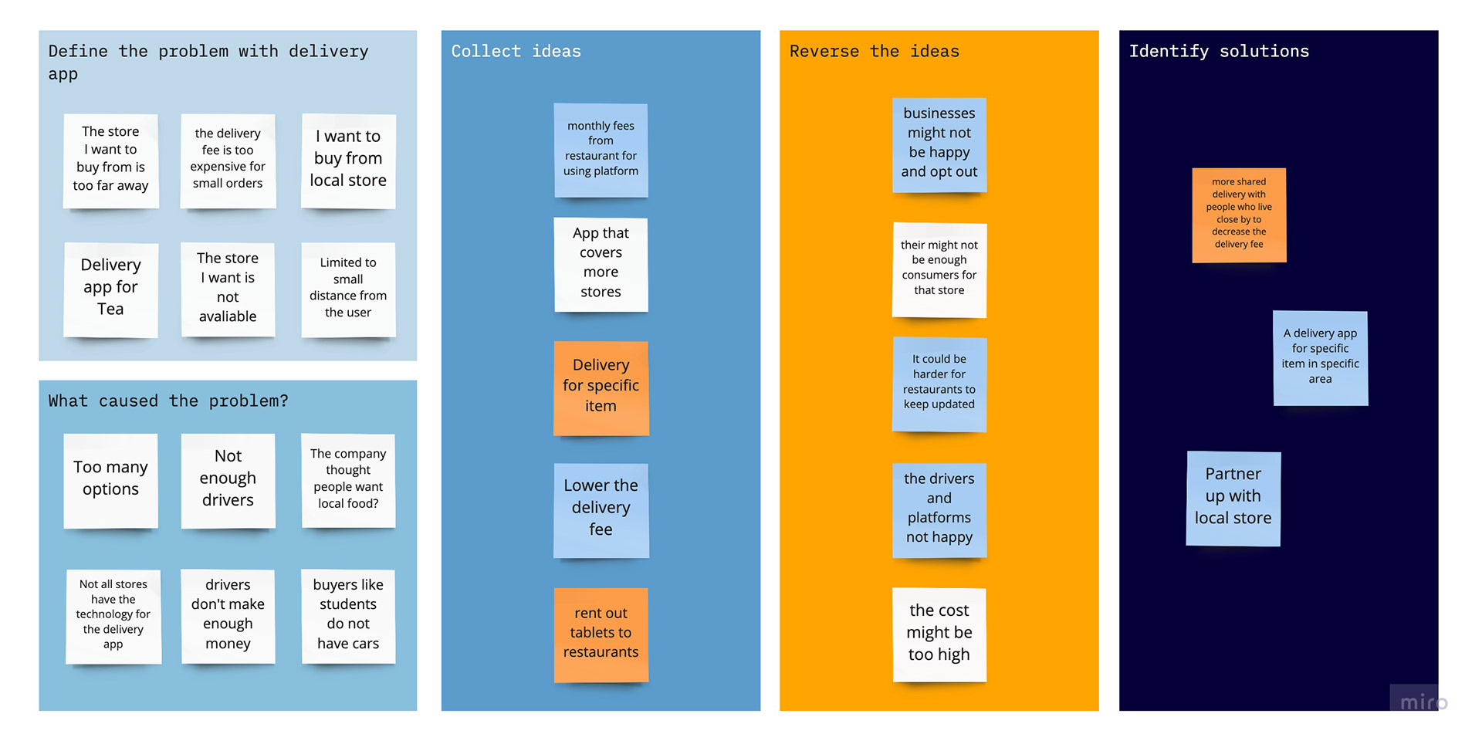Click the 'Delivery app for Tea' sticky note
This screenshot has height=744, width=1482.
coord(110,290)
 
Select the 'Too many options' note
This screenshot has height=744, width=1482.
coord(110,481)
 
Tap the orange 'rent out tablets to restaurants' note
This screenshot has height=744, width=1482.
coord(601,635)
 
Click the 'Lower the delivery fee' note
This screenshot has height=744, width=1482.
coord(601,510)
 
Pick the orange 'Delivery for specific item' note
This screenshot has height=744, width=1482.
coord(601,388)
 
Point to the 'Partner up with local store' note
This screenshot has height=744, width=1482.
coord(1233,499)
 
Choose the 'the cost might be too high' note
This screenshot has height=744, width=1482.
coord(939,635)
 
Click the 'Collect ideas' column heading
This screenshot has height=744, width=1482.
coord(516,51)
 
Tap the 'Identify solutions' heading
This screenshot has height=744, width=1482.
coord(1219,51)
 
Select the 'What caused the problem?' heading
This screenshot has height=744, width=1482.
coord(168,401)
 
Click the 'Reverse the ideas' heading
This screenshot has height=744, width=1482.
coord(874,51)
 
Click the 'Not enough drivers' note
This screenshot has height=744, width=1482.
coord(228,481)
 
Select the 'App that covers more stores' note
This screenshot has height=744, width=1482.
coord(601,265)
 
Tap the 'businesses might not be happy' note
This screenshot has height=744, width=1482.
coord(939,145)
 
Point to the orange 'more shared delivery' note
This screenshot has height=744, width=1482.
coord(1239,215)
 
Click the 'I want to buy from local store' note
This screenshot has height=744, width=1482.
coord(348,161)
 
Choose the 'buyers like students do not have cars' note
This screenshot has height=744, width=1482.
coord(348,617)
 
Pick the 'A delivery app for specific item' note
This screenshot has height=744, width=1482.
coord(1320,358)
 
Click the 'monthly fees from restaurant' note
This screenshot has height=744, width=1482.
coord(601,150)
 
